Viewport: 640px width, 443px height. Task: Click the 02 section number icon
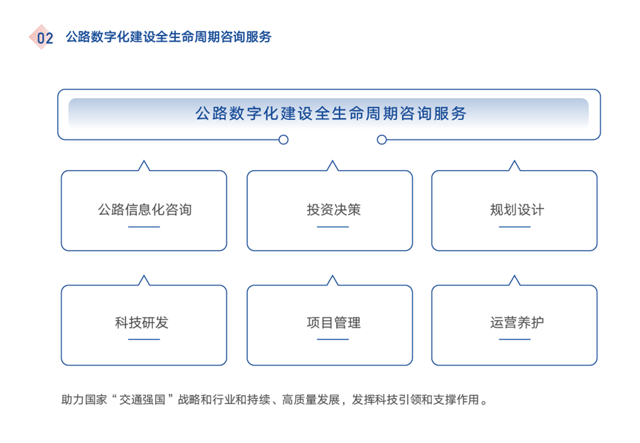42,37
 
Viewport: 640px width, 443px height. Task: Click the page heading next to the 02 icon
168,37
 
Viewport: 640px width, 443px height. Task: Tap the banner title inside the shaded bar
331,113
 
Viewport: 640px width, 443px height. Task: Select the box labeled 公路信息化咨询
144,210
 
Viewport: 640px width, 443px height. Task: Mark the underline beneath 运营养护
515,340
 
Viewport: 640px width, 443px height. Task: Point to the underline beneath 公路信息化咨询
144,227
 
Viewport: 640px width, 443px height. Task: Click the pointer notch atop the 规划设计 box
515,166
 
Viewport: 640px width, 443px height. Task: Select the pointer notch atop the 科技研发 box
144,281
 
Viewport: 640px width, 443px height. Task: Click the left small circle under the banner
283,139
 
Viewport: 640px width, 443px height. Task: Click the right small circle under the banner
382,139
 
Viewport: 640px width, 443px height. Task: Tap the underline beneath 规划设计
515,227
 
